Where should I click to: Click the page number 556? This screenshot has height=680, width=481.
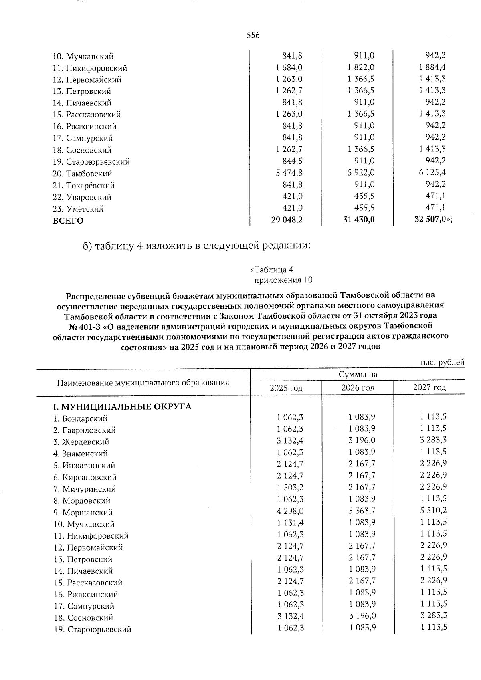(253, 35)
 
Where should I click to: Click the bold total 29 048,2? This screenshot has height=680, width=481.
(287, 220)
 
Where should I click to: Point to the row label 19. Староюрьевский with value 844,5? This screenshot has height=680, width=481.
(91, 162)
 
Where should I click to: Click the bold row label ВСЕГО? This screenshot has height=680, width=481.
(68, 220)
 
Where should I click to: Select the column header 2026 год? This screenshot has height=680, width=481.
(358, 387)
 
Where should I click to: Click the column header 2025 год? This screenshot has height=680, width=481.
(286, 387)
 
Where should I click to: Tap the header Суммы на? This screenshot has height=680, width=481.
(358, 375)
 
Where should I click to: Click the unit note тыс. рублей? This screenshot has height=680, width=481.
(442, 362)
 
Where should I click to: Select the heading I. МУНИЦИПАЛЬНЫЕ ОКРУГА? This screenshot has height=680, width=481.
(122, 407)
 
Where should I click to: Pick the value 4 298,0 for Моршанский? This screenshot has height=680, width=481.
(290, 511)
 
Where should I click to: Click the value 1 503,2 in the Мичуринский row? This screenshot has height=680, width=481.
(290, 487)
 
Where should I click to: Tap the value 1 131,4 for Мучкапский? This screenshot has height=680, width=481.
(290, 523)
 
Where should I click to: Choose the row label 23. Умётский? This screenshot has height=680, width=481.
(78, 209)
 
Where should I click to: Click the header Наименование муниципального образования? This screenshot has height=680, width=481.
(143, 383)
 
